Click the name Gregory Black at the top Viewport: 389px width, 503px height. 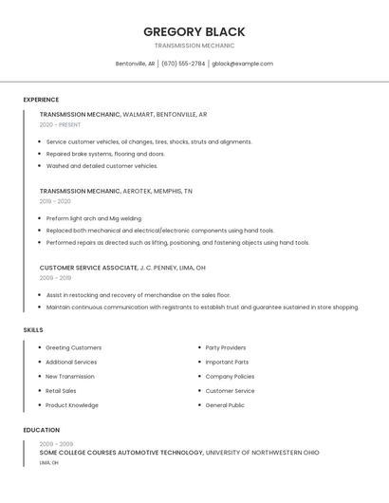pos(194,31)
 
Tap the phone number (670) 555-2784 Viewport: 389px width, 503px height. pos(183,64)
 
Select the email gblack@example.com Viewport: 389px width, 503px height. pos(242,64)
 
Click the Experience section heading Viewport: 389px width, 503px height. pos(41,100)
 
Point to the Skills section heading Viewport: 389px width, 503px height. pos(33,329)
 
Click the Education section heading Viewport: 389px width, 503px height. pos(41,430)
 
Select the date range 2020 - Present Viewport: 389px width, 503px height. pos(60,124)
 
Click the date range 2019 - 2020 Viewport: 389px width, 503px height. pos(55,201)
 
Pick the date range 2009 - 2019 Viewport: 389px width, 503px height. pos(55,278)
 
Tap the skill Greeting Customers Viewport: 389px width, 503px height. pos(73,347)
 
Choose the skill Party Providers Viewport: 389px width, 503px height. pos(225,347)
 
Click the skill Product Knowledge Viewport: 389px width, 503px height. pos(71,405)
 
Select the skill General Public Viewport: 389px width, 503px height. pos(225,405)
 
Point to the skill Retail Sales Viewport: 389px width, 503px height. pos(61,391)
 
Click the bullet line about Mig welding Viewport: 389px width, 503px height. pos(93,218)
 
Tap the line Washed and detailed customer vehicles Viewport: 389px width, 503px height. pos(102,166)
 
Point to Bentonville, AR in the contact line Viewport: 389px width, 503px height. pos(135,64)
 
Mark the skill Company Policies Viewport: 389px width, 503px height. pos(230,377)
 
